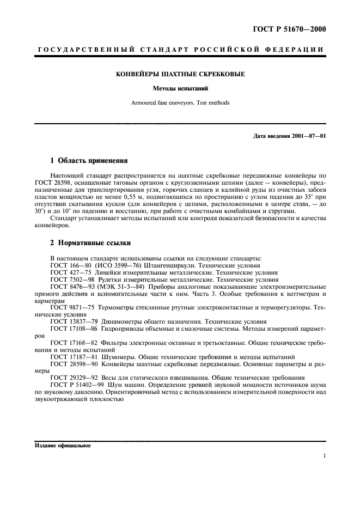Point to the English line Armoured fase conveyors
click(x=180, y=102)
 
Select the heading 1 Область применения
click(x=89, y=161)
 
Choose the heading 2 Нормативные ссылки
click(x=90, y=242)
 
